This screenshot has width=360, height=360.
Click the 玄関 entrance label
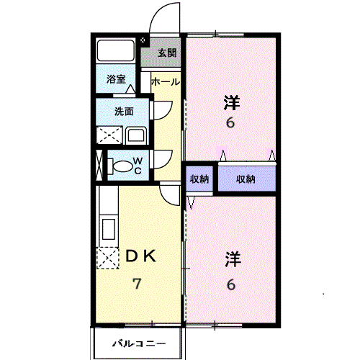(x=167, y=53)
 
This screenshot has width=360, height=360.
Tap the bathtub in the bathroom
(x=115, y=51)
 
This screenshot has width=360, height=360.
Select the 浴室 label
(x=116, y=79)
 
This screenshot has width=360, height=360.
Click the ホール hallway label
(x=166, y=82)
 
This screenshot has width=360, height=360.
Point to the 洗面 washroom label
(x=124, y=112)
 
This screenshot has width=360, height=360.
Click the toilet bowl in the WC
(x=123, y=166)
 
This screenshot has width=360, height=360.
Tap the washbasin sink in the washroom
(x=136, y=135)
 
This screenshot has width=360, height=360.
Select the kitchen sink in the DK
(x=109, y=229)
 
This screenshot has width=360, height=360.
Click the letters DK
(x=141, y=256)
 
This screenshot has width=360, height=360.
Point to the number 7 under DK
(x=137, y=284)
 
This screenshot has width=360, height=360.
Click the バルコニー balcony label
(x=139, y=343)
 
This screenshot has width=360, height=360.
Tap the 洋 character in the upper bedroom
(x=232, y=103)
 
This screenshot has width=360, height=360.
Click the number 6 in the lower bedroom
(x=231, y=284)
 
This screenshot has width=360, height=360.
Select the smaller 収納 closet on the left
(x=199, y=179)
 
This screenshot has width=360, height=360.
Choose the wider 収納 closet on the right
(x=247, y=179)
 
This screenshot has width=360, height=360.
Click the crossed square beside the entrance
(x=143, y=40)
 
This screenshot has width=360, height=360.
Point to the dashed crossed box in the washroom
(x=109, y=135)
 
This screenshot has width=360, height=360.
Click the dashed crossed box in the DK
(x=107, y=258)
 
